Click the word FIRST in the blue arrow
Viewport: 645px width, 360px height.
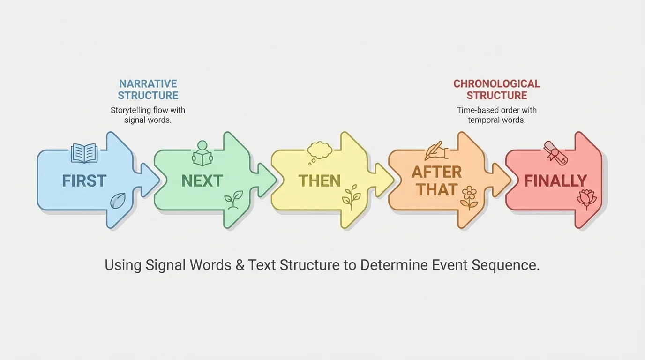click(84, 180)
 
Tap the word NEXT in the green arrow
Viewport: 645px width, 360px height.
click(202, 180)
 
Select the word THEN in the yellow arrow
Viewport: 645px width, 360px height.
click(320, 180)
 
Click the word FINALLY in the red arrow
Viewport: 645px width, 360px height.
click(555, 180)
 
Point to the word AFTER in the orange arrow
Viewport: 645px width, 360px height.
click(437, 172)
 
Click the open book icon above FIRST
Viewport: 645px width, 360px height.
click(84, 153)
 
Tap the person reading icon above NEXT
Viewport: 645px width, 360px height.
click(202, 153)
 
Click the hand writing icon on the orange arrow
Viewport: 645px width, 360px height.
click(436, 151)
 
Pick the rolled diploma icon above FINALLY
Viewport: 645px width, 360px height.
click(555, 152)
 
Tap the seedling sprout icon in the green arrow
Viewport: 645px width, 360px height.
click(233, 200)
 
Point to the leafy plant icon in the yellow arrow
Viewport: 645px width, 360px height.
click(351, 197)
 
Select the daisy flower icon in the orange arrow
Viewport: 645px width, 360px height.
click(469, 197)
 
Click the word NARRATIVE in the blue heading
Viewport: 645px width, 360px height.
click(148, 84)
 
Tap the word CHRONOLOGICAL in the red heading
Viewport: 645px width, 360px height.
click(496, 84)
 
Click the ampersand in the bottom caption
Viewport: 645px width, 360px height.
click(240, 265)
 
